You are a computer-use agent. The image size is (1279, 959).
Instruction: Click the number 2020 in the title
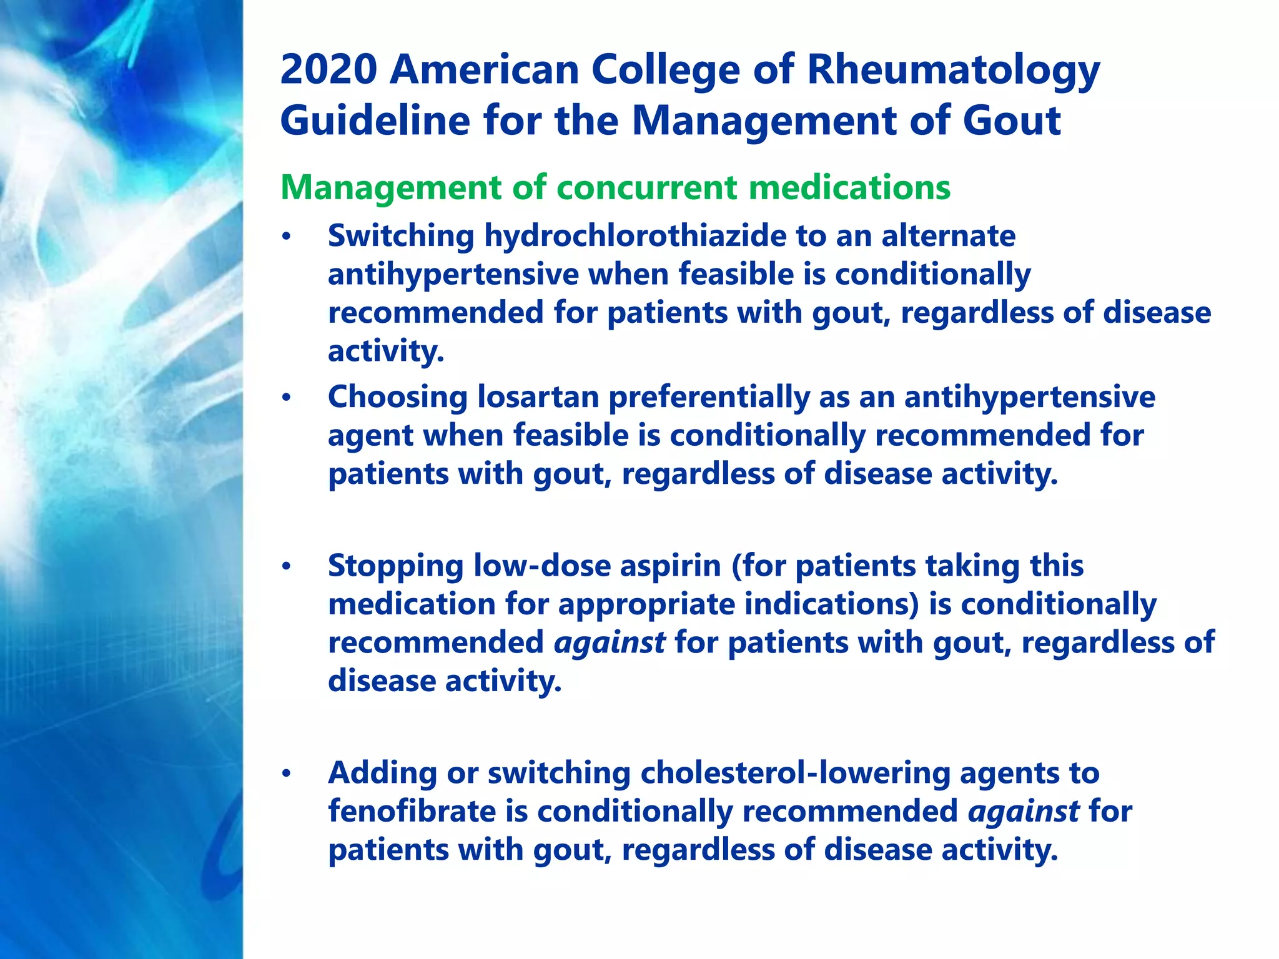coord(328,70)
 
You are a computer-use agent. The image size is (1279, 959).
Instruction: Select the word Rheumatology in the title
coord(953,70)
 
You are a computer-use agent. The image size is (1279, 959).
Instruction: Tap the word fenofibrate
coord(412,812)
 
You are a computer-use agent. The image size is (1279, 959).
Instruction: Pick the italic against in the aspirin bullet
coord(610,643)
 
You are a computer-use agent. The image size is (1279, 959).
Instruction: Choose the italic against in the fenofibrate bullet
coord(1023,812)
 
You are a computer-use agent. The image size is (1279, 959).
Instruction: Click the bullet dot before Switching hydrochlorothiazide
coord(286,237)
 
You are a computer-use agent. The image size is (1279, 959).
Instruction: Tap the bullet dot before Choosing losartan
coord(286,398)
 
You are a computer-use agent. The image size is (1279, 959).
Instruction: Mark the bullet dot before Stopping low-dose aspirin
coord(286,567)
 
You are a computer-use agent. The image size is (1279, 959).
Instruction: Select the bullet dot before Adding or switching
coord(286,774)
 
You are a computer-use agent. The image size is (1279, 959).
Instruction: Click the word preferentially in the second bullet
coord(709,397)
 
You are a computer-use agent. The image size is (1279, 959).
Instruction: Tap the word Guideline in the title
coord(375,120)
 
